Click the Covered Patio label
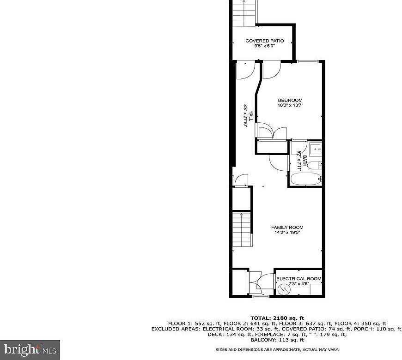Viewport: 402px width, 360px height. [264, 41]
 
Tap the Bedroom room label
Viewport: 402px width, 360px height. [290, 100]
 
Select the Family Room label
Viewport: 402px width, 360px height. [286, 227]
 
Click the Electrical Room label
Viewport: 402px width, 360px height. [298, 279]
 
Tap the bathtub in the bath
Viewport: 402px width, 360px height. [305, 180]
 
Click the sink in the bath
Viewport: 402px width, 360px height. [317, 149]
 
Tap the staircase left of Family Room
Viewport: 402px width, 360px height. [242, 230]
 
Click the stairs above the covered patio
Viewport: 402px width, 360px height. [243, 12]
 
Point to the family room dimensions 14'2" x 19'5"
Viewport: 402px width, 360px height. [286, 233]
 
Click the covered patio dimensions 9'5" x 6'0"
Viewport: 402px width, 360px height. [264, 46]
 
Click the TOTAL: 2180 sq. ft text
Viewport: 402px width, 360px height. [277, 318]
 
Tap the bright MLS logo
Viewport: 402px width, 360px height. [30, 350]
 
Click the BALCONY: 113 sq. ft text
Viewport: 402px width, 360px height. [277, 340]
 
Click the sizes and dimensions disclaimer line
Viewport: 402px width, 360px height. [277, 349]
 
